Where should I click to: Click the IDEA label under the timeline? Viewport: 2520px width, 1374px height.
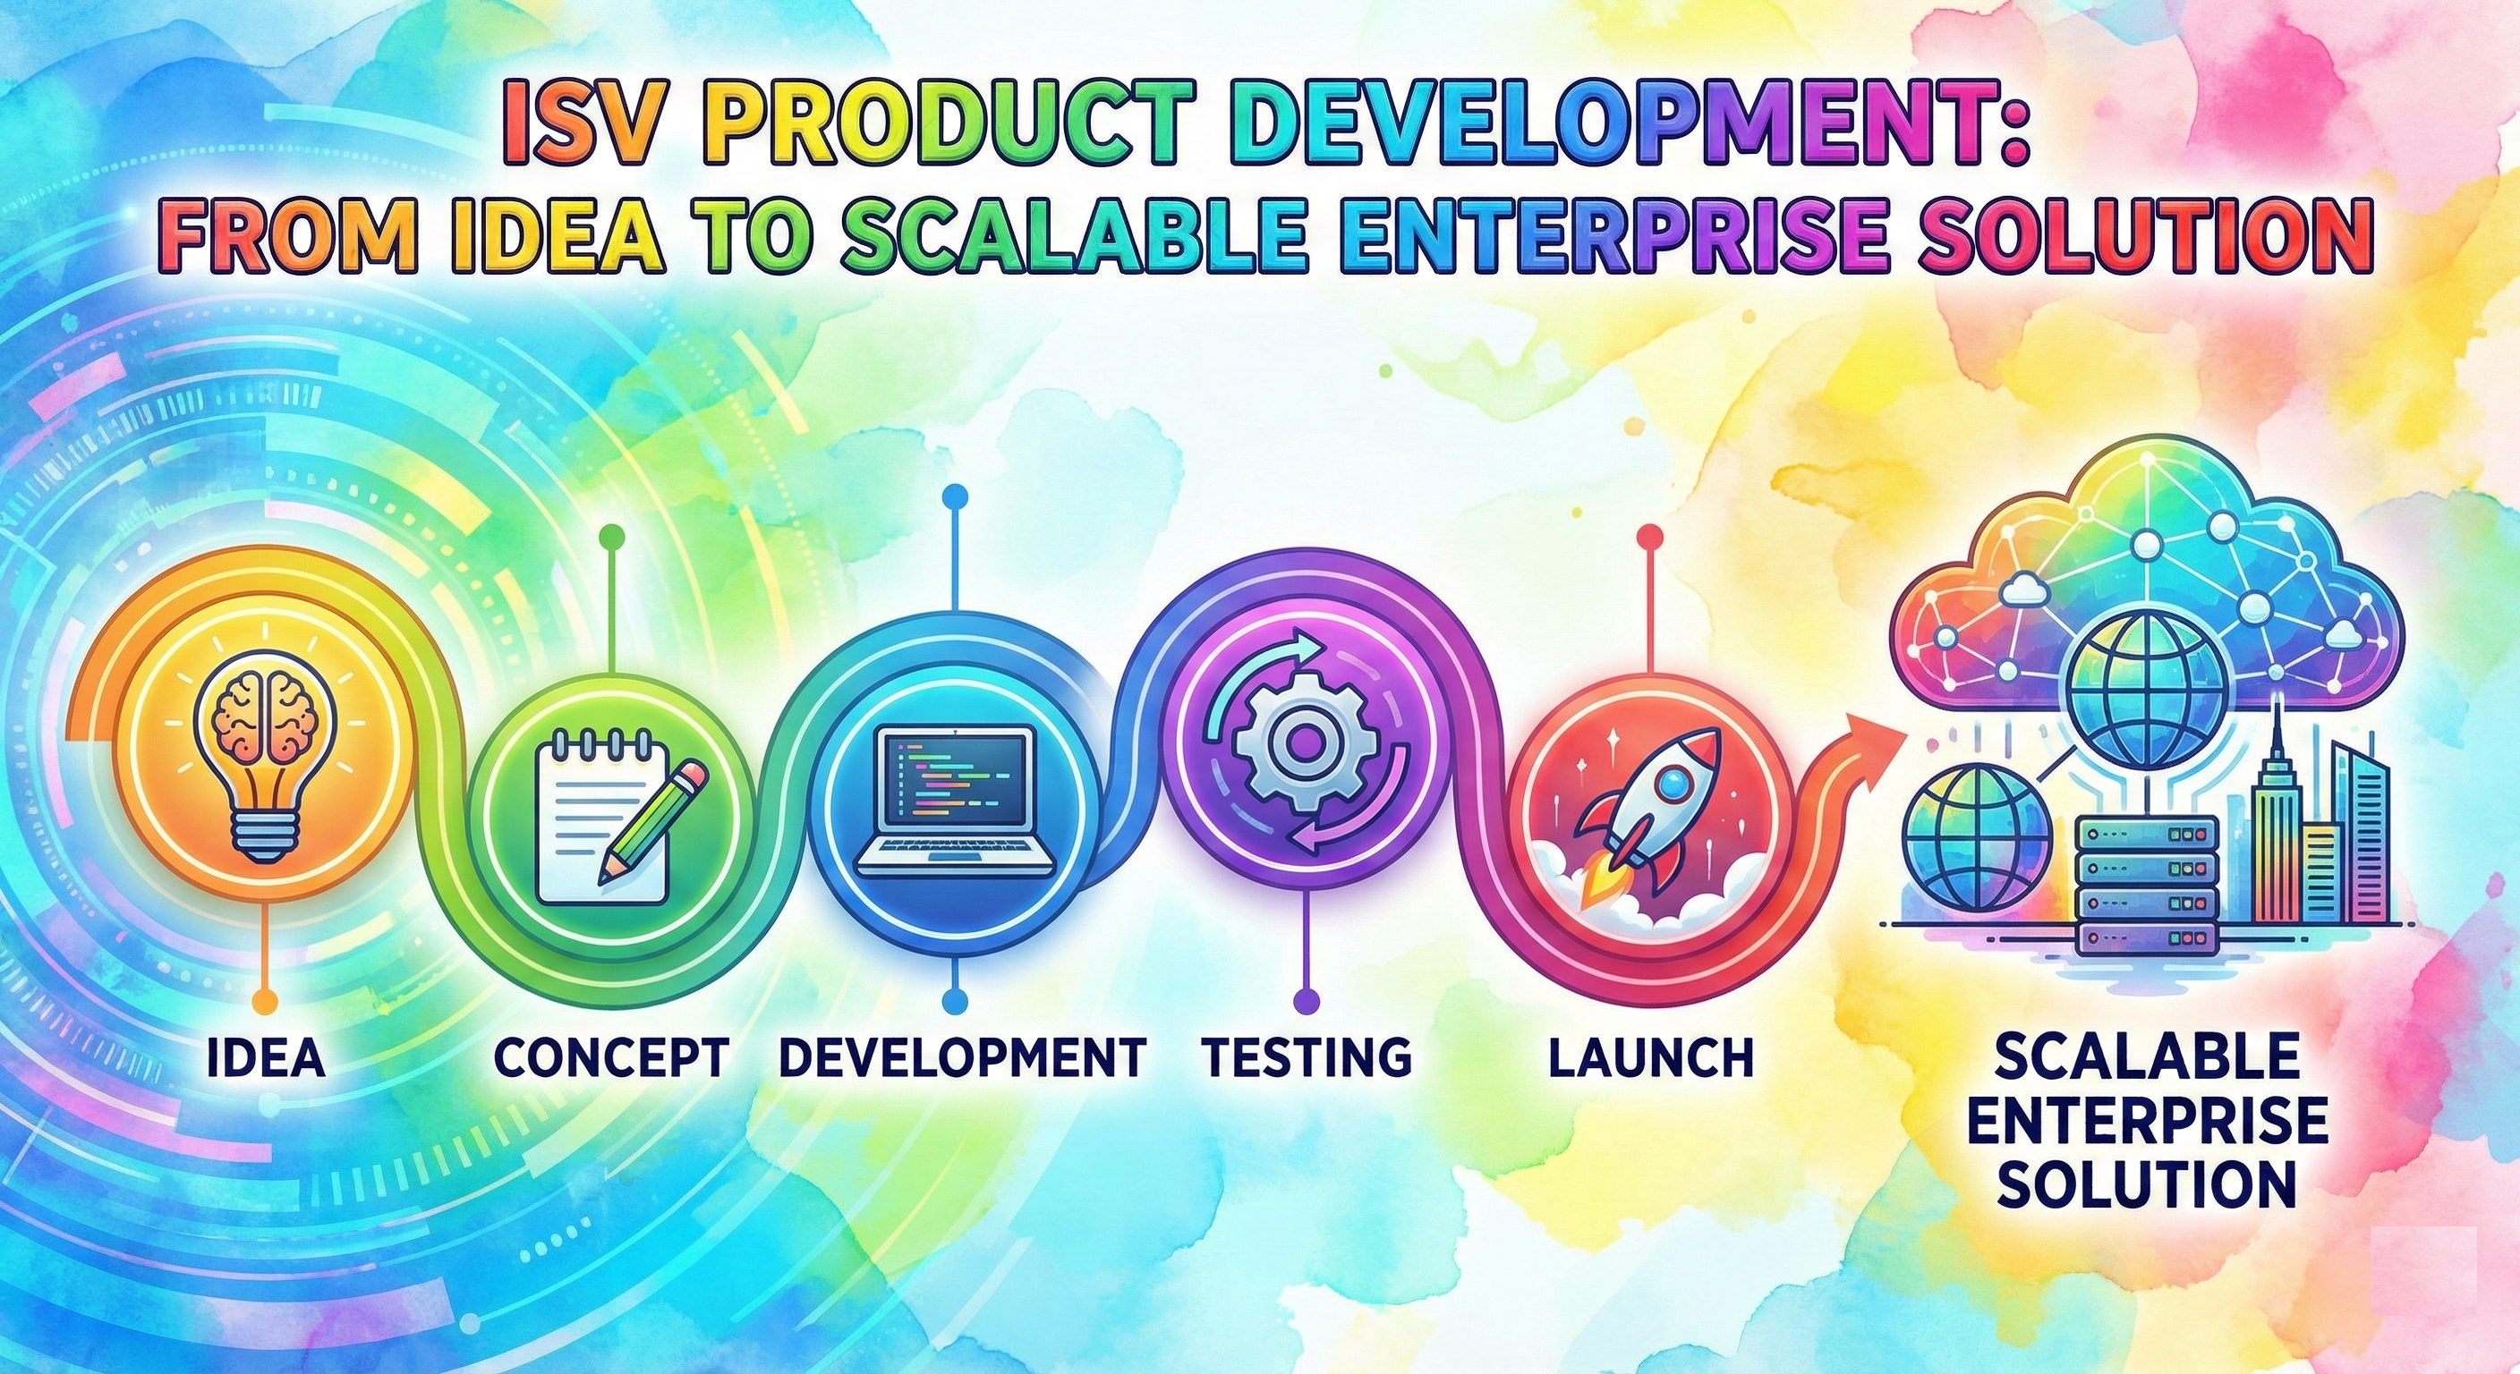pyautogui.click(x=266, y=1057)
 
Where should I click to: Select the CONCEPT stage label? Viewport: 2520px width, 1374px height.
pyautogui.click(x=612, y=1057)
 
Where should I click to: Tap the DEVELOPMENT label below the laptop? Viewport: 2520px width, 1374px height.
pyautogui.click(x=964, y=1057)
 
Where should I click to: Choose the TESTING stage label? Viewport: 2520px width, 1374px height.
pyautogui.click(x=1307, y=1057)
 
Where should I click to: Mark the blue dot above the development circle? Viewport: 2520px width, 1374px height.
pyautogui.click(x=955, y=497)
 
